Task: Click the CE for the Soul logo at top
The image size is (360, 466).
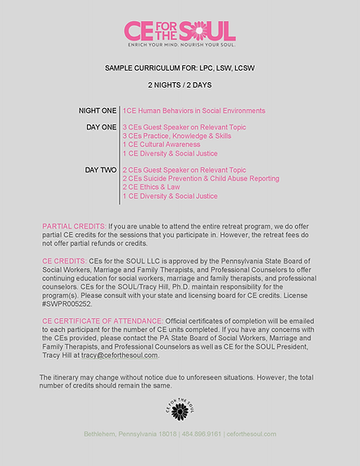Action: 180,31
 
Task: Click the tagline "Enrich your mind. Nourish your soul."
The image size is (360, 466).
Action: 180,46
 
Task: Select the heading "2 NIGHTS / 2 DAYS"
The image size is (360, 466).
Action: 180,85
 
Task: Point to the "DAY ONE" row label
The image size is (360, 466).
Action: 102,128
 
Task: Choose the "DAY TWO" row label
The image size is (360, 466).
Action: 102,170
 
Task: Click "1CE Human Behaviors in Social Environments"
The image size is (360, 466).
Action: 193,111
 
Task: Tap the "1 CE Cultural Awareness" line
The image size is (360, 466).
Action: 163,145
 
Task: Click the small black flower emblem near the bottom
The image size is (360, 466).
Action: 180,408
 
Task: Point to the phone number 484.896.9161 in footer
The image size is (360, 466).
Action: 202,434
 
